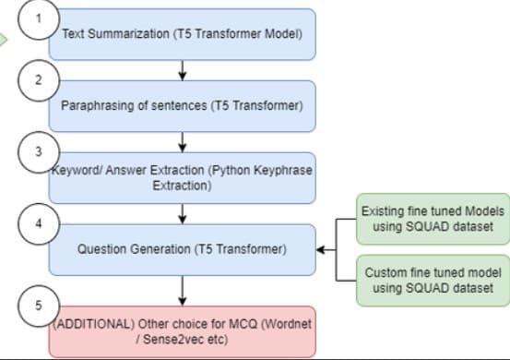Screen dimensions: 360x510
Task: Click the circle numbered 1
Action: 37,18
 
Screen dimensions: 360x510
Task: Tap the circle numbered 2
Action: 37,79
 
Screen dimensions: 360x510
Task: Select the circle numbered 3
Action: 37,151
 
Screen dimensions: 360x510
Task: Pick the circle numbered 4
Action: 37,223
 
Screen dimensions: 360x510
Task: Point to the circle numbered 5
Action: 37,306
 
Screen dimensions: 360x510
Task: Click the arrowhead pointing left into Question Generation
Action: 322,249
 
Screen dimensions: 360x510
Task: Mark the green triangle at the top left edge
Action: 5,39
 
